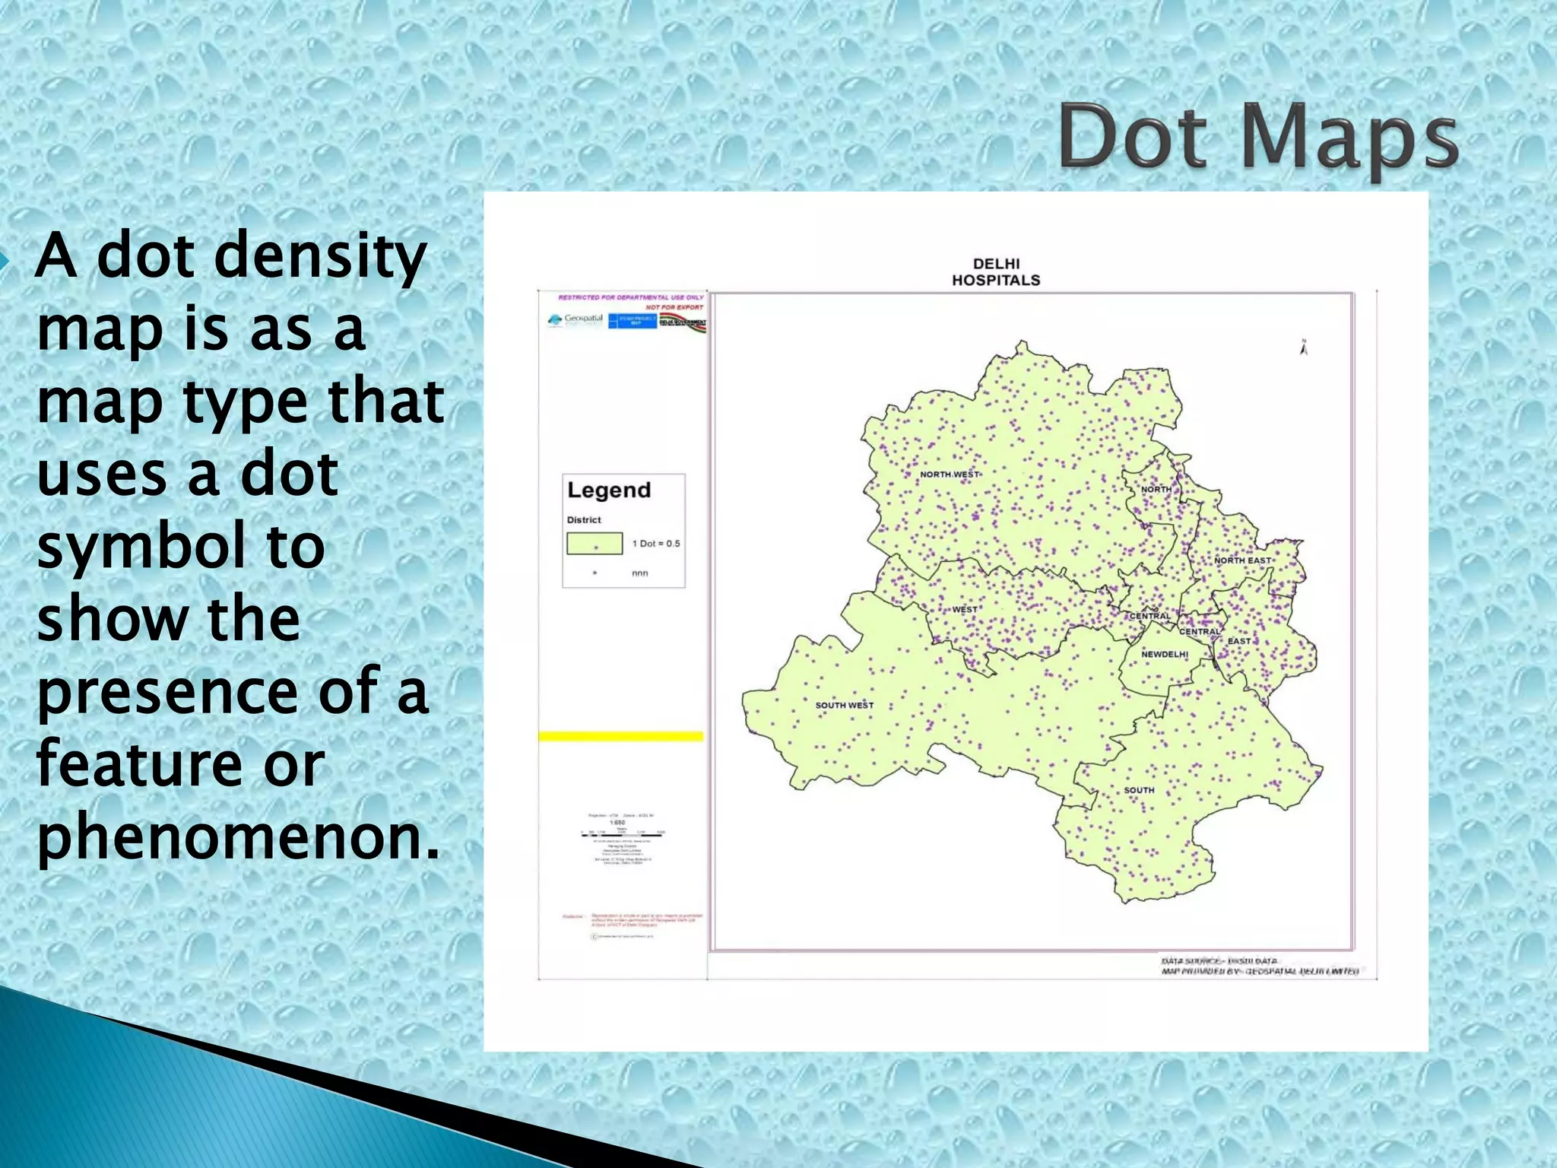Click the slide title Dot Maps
tap(1258, 138)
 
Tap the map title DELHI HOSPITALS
tap(996, 272)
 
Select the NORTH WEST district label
tap(950, 474)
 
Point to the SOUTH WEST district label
tap(844, 706)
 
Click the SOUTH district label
tap(1139, 791)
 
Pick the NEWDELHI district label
tap(1164, 655)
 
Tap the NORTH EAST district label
tap(1242, 560)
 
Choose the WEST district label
tap(965, 610)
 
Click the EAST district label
tap(1238, 641)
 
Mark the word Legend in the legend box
tap(609, 490)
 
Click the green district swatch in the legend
tap(595, 544)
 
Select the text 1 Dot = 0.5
tap(656, 544)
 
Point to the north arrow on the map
tap(1304, 348)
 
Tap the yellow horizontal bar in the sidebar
tap(621, 736)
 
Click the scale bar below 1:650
tap(622, 833)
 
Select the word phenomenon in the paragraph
tap(239, 836)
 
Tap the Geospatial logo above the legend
tap(576, 320)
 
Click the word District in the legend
tap(584, 520)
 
